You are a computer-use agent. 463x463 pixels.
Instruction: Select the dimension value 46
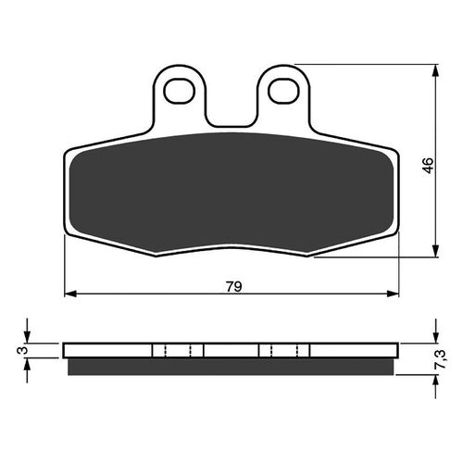(427, 166)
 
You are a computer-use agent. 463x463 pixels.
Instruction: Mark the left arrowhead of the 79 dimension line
(70, 295)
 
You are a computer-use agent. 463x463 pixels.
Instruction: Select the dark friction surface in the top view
(231, 190)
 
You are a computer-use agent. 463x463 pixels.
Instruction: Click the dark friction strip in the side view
(231, 366)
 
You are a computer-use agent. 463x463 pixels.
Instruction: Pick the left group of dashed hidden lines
(177, 351)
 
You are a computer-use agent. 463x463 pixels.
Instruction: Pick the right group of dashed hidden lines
(284, 351)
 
